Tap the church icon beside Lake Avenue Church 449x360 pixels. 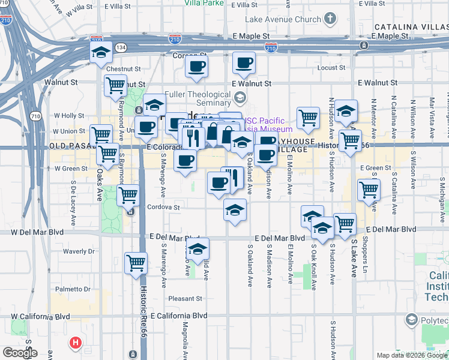tap(330, 19)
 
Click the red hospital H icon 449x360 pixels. tap(75, 343)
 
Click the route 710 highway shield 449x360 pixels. tap(35, 116)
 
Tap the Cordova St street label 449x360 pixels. tap(164, 208)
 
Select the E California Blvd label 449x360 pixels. tap(178, 316)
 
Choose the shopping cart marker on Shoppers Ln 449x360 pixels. tap(369, 190)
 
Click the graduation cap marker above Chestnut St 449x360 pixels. tap(101, 53)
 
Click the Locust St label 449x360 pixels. tap(331, 68)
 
